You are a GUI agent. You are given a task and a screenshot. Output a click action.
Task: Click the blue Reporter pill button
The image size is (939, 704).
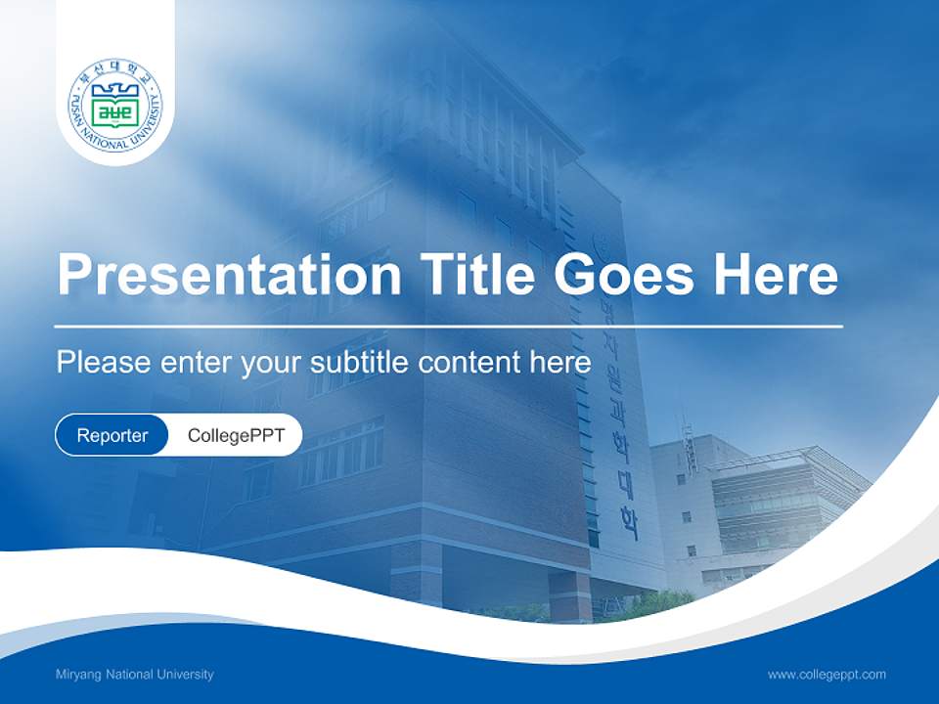112,435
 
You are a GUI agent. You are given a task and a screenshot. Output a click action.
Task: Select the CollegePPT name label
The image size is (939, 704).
236,435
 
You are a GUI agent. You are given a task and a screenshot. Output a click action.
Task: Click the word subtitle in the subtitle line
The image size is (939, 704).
360,363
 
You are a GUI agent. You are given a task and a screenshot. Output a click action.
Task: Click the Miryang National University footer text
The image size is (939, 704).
135,674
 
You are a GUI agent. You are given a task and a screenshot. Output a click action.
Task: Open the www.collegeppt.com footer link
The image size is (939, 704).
827,674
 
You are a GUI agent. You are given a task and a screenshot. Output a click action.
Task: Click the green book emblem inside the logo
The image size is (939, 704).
115,108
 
